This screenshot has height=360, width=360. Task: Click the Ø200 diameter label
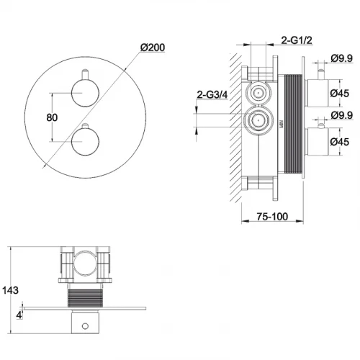[x=153, y=48]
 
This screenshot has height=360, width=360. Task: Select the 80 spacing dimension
[x=52, y=117]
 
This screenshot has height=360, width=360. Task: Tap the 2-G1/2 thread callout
[x=297, y=40]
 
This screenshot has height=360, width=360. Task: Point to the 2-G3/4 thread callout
[x=212, y=95]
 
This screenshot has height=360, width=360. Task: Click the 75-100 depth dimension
[x=272, y=217]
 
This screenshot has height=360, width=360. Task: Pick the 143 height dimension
[x=10, y=290]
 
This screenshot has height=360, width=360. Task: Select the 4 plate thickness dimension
[x=19, y=315]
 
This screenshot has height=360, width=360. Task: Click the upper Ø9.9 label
[x=342, y=58]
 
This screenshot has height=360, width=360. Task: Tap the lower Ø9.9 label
[x=342, y=115]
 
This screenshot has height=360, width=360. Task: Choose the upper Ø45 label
[x=340, y=93]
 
